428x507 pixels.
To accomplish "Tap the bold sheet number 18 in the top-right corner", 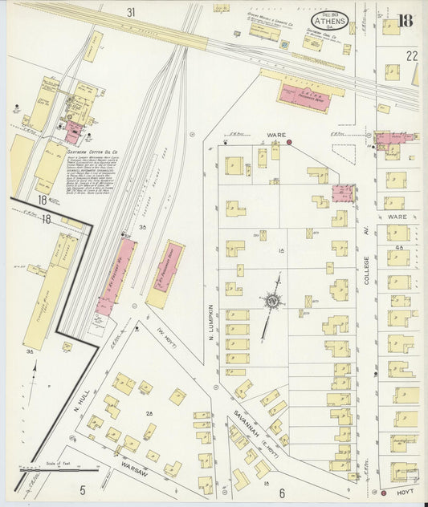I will point(405,20).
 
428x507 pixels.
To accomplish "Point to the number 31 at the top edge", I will point(131,12).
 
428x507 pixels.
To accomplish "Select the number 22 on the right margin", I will point(412,55).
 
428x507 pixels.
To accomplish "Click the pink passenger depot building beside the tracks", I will point(304,98).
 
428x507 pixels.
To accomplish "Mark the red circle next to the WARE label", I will point(288,142).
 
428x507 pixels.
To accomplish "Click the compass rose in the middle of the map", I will point(273,302).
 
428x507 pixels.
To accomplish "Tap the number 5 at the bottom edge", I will point(82,489).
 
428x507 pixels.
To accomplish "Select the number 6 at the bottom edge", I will point(281,492).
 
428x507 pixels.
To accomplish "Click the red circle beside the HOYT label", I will point(383,493).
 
